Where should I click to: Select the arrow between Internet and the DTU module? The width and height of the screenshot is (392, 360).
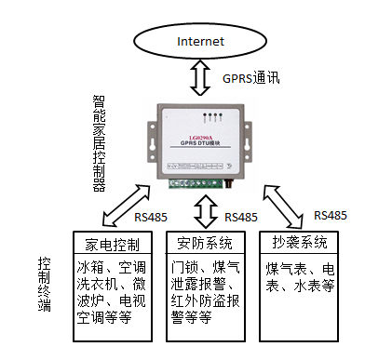198,78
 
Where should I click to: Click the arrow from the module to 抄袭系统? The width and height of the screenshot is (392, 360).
284,206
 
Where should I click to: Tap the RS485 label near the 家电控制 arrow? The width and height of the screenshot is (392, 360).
150,219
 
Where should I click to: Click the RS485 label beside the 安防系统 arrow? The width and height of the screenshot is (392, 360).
240,217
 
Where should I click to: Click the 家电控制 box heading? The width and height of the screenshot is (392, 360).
108,245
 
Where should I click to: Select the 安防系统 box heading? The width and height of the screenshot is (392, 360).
205,245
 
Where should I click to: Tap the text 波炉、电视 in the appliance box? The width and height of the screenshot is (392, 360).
108,300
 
